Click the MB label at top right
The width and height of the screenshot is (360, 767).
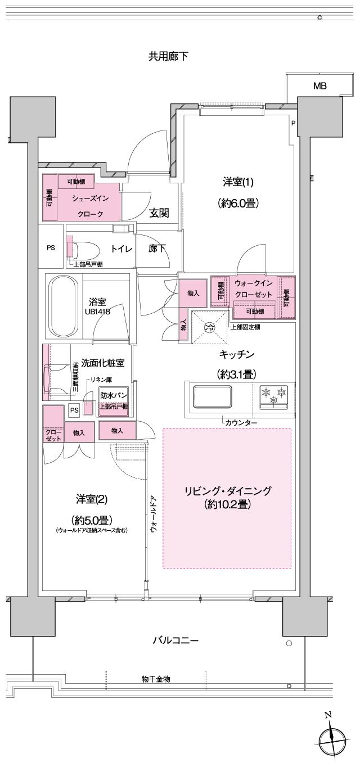coord(319,85)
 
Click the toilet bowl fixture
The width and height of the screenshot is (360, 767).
coord(85,248)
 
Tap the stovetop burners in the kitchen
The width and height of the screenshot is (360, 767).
coord(274,395)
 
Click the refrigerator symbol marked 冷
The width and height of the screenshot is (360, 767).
coord(209,327)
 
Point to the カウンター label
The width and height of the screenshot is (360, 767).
coord(241,422)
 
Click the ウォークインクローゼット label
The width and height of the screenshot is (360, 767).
coord(253,289)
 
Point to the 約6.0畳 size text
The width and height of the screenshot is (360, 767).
coord(238,204)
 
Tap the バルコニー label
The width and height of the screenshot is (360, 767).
coord(177,640)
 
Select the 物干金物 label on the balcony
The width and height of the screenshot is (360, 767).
coord(156,679)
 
